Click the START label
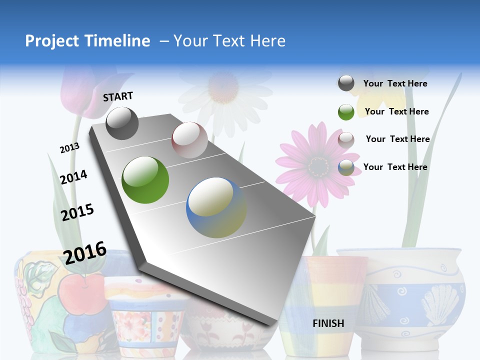(x=118, y=96)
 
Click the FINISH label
(x=328, y=323)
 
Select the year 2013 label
(x=69, y=148)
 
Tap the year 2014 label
(x=73, y=177)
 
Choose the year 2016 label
(x=85, y=252)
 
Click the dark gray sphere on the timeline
(x=122, y=123)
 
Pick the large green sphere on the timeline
(x=145, y=180)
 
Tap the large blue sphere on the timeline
(x=216, y=207)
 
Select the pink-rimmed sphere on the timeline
(x=189, y=140)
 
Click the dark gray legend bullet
(x=346, y=83)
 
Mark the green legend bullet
(x=346, y=111)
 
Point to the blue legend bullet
(x=346, y=167)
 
